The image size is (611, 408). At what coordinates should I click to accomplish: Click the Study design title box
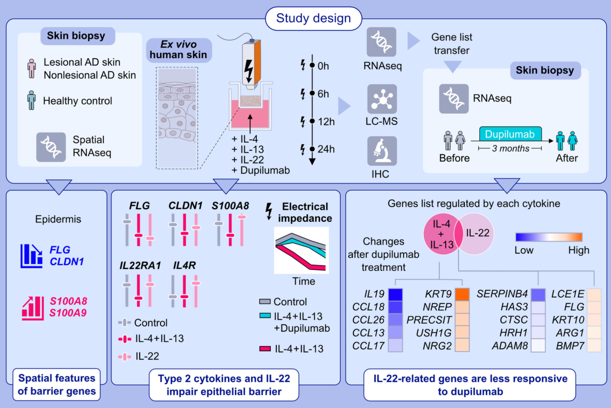click(313, 19)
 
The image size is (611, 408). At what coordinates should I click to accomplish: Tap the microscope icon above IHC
click(381, 151)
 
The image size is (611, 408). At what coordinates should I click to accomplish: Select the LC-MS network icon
click(381, 99)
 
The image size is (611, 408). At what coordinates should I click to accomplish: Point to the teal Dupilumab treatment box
click(510, 133)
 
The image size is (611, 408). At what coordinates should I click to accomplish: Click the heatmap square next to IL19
click(395, 295)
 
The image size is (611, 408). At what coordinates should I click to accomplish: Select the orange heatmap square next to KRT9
click(462, 294)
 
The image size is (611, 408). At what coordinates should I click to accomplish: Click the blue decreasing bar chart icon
click(31, 256)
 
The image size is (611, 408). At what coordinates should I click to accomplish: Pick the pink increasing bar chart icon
click(31, 308)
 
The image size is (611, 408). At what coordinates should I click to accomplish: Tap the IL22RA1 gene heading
click(141, 265)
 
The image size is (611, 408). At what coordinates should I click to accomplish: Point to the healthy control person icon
click(31, 100)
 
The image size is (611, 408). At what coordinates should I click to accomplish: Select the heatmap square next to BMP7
click(593, 346)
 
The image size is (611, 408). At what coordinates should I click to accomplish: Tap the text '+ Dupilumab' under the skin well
click(261, 170)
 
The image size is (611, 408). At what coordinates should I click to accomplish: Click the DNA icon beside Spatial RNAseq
click(51, 147)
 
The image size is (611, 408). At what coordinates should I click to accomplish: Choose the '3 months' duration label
click(510, 149)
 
